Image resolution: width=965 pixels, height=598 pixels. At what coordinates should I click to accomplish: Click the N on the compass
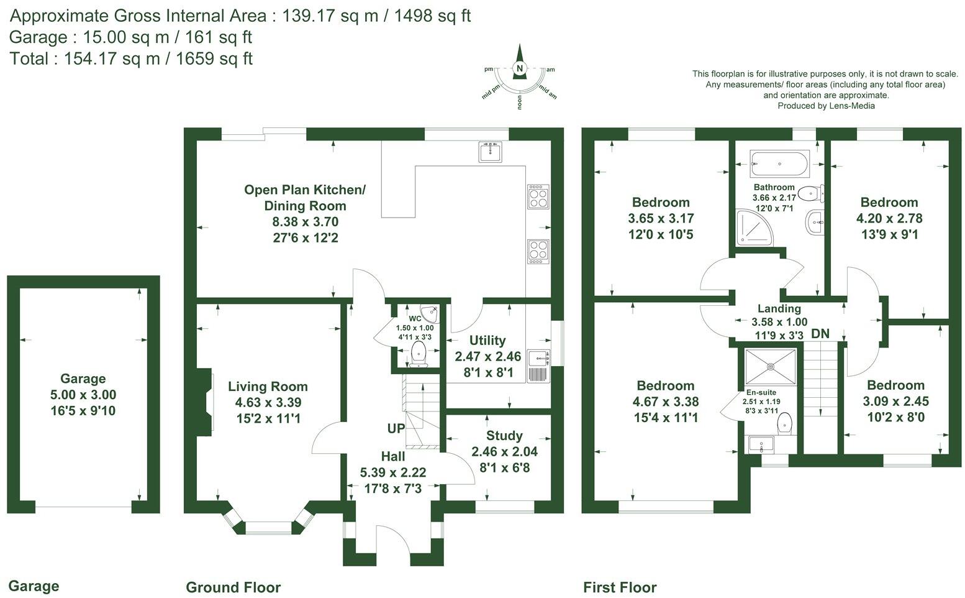point(520,68)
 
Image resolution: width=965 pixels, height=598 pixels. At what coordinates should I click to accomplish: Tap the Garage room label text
point(83,379)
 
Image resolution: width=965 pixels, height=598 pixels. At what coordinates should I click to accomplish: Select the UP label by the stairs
point(396,429)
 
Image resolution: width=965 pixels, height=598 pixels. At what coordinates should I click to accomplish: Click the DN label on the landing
point(820,334)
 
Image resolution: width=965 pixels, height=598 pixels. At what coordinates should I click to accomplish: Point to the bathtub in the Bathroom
point(779,164)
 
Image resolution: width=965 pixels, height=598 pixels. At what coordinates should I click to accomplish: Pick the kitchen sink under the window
point(491,151)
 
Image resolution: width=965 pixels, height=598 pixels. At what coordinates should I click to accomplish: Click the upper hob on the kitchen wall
point(538,196)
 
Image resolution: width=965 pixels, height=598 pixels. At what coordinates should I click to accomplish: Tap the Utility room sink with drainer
point(538,366)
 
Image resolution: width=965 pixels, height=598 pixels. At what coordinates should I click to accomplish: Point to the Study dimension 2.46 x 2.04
point(504,452)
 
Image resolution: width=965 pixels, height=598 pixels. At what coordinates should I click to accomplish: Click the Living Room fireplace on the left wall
point(207,402)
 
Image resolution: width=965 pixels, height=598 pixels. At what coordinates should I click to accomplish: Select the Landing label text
point(779,309)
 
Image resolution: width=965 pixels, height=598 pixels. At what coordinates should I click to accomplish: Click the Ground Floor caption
point(233,587)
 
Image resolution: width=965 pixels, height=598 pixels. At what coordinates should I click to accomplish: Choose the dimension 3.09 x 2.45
point(895,401)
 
